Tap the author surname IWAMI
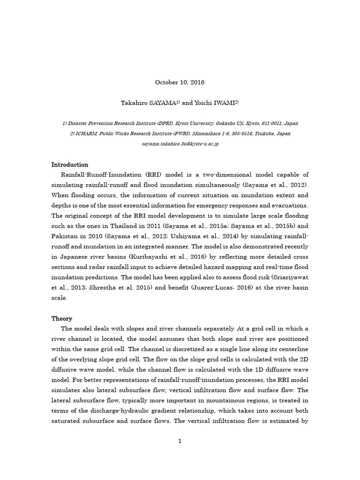pos(224,103)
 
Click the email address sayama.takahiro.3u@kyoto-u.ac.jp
pos(180,144)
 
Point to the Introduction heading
pos(70,165)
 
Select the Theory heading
pos(62,319)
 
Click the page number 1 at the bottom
pos(180,441)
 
